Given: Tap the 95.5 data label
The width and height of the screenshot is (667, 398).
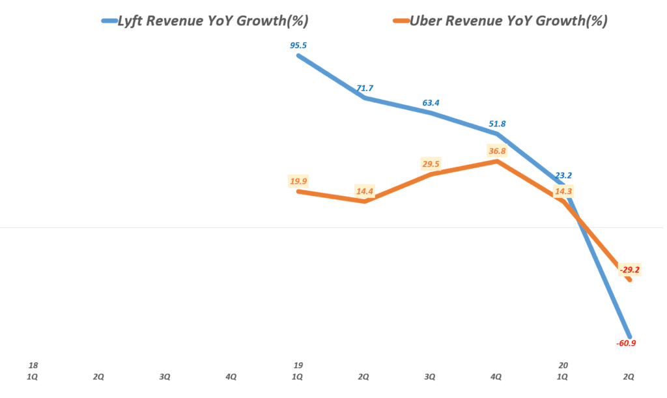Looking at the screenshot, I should coord(298,46).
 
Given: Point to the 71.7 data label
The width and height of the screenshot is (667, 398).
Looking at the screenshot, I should coord(364,88).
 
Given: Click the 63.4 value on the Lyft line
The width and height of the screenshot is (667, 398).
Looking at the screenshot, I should coord(431,102).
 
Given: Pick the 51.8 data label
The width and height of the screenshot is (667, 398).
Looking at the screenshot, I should coord(496,124).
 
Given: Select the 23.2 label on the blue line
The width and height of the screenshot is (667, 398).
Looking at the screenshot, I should coord(563,175).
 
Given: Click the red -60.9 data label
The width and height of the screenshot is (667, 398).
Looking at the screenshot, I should coord(625,343).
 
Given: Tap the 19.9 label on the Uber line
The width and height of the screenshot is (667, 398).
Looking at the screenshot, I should coord(298,180).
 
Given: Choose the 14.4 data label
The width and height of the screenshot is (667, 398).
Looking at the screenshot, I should coord(364,192).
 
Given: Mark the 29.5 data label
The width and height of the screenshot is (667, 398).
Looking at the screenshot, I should coord(431,164).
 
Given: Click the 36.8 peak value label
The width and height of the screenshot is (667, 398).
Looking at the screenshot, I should coord(496,151).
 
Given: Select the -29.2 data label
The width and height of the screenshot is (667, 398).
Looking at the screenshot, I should coord(629,269).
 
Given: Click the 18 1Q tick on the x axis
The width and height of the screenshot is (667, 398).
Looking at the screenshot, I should coord(33,371).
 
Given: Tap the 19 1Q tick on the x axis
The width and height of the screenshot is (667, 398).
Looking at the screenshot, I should coord(298,371).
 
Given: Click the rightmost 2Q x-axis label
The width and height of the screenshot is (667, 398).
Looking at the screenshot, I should coord(629,377).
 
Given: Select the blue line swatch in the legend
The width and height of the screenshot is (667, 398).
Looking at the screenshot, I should coord(109,21).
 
